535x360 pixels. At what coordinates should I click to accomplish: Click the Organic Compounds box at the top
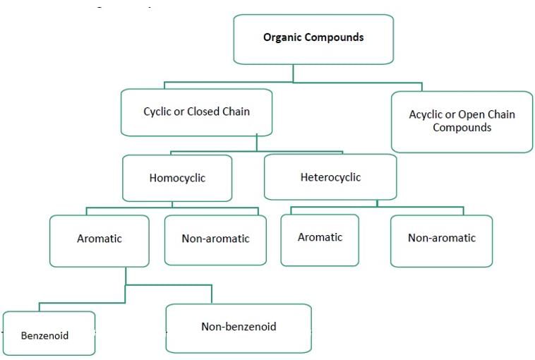[x=313, y=39]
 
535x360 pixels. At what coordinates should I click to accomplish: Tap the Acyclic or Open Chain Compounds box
[x=462, y=121]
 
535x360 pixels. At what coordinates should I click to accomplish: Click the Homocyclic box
[x=177, y=178]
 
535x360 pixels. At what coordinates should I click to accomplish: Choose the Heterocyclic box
[x=330, y=176]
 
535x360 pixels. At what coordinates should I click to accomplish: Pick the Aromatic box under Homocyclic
[x=100, y=241]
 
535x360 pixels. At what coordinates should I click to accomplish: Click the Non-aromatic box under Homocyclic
[x=215, y=239]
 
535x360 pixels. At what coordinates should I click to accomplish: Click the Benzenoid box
[x=49, y=333]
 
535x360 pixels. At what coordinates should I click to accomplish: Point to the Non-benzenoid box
[x=239, y=328]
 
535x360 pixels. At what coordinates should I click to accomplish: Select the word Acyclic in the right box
[x=428, y=115]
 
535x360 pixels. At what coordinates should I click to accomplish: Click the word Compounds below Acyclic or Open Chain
[x=462, y=128]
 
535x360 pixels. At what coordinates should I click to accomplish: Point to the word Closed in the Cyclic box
[x=204, y=112]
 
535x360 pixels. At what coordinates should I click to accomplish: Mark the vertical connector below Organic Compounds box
[x=294, y=73]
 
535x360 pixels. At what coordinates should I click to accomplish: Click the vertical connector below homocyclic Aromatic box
[x=126, y=276]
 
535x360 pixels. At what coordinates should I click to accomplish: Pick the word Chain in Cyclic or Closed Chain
[x=236, y=112]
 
